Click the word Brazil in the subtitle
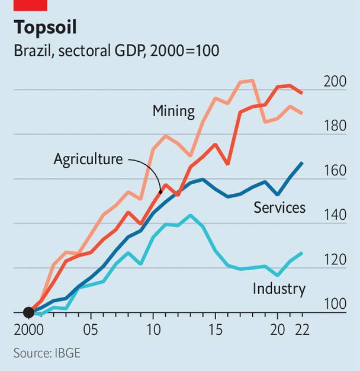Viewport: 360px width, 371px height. (31, 51)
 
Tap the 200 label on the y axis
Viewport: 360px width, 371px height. (335, 82)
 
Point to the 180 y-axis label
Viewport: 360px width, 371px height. (335, 126)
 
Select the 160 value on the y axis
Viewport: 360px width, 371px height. (335, 171)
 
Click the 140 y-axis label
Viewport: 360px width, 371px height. (335, 216)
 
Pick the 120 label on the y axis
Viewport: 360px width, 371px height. (335, 260)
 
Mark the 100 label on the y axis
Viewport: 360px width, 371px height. (335, 305)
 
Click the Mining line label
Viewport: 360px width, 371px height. (173, 111)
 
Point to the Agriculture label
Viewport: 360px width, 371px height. (88, 159)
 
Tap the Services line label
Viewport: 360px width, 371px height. (279, 207)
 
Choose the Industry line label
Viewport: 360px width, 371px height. (279, 289)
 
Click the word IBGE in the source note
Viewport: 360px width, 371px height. (66, 353)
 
